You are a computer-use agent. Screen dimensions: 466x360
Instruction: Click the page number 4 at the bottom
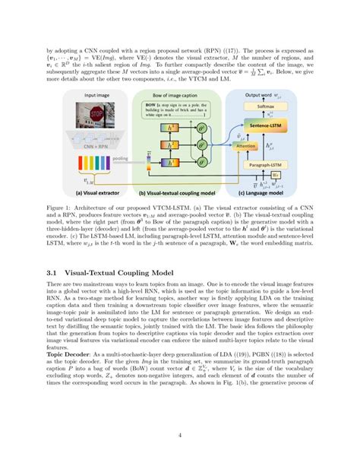click(x=180, y=435)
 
